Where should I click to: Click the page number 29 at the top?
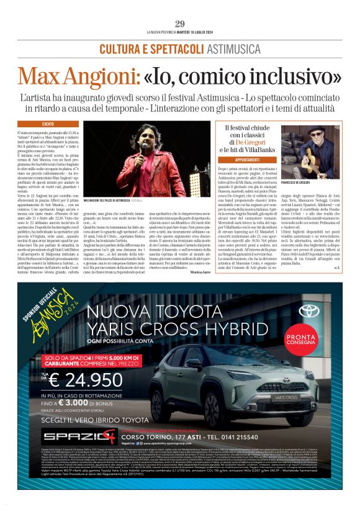coord(180,24)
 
